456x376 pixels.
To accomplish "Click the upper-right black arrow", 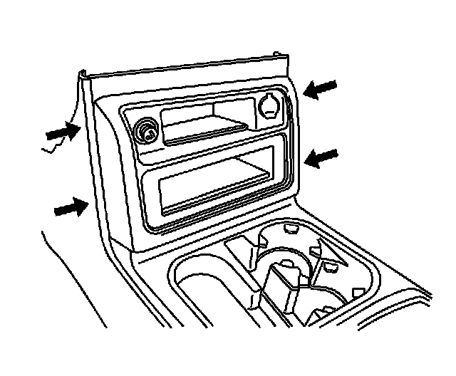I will click(321, 89).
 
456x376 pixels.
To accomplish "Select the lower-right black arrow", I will click(321, 155).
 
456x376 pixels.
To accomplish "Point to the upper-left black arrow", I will click(63, 131).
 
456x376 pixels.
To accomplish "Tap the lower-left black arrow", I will click(72, 208).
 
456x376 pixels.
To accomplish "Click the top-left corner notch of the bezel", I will click(85, 72).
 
